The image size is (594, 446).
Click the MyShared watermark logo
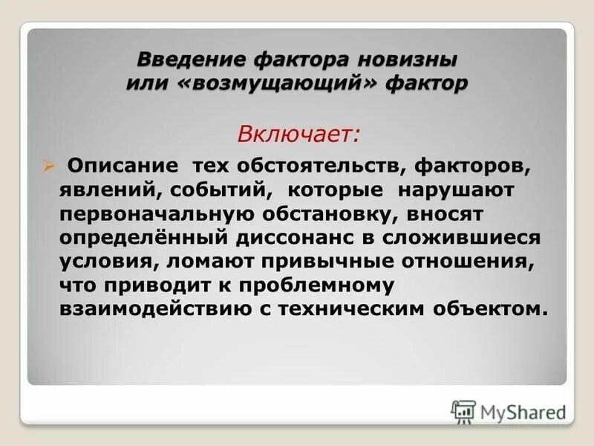(509, 411)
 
